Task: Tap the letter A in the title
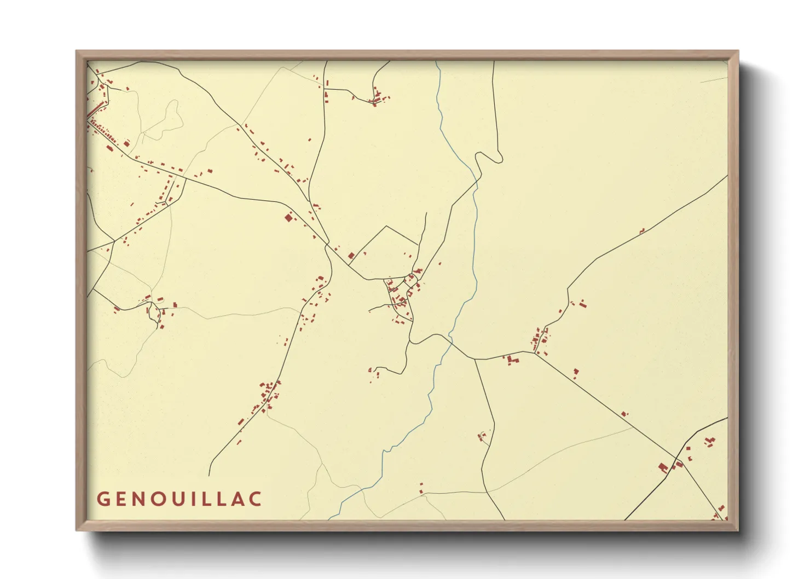coord(239,499)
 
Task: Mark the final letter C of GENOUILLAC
coord(256,499)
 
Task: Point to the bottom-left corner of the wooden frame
coord(77,529)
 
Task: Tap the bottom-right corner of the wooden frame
coord(737,529)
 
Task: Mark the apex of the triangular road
coord(387,226)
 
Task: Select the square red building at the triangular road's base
coord(351,255)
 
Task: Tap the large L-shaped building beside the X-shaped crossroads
coord(663,467)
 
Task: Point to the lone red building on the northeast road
coord(642,230)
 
